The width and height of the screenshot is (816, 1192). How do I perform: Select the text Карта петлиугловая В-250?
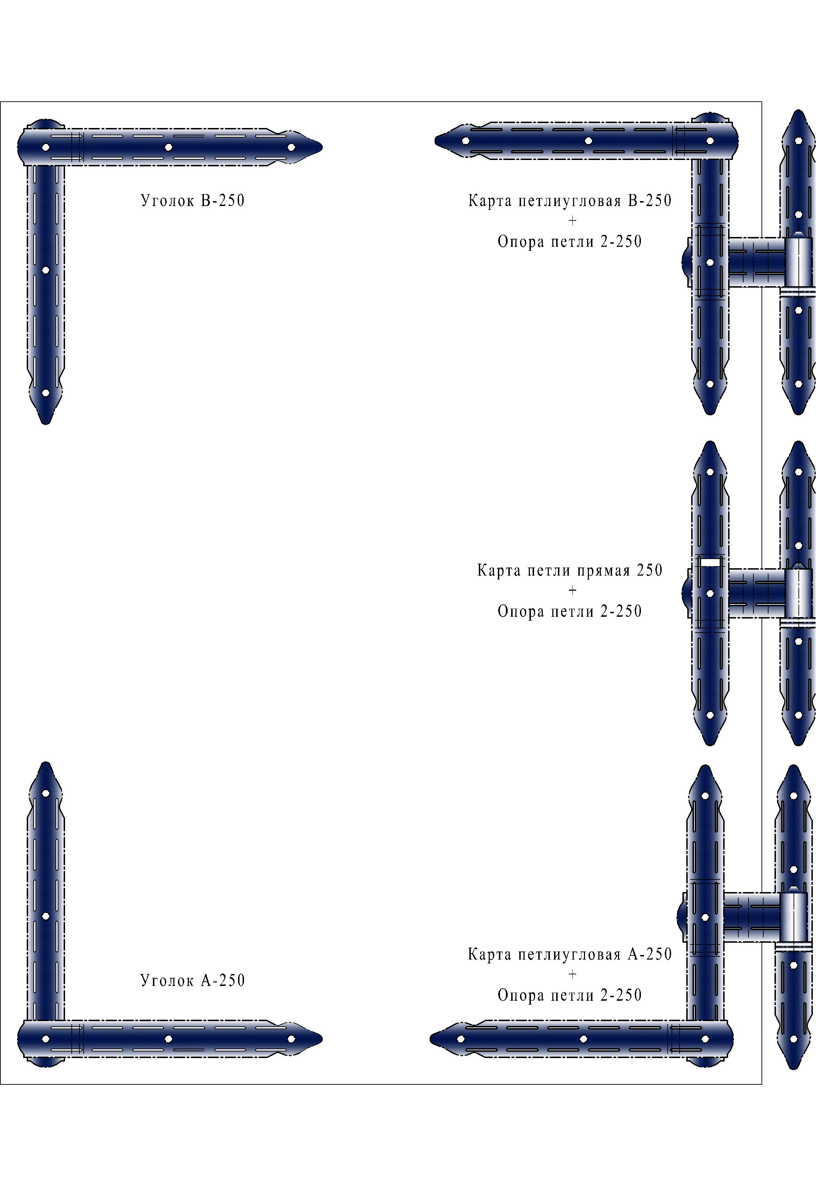pyautogui.click(x=570, y=200)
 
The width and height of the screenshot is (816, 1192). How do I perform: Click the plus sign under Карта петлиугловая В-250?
pyautogui.click(x=572, y=220)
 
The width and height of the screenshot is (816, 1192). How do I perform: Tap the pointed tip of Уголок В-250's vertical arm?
pyautogui.click(x=46, y=424)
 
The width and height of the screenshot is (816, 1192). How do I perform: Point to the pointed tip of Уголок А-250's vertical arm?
pyautogui.click(x=46, y=763)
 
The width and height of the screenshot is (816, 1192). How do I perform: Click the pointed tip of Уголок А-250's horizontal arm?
pyautogui.click(x=322, y=1039)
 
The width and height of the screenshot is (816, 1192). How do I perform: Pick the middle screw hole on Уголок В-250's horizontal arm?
pyautogui.click(x=168, y=147)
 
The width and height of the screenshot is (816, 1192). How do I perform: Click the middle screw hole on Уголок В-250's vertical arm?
pyautogui.click(x=46, y=270)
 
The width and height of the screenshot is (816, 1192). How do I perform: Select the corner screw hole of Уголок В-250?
pyautogui.click(x=46, y=147)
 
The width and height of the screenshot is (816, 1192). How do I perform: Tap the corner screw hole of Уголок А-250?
pyautogui.click(x=46, y=1039)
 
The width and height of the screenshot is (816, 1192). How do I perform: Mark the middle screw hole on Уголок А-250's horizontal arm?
pyautogui.click(x=168, y=1039)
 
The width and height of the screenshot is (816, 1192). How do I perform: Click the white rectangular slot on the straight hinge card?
pyautogui.click(x=710, y=562)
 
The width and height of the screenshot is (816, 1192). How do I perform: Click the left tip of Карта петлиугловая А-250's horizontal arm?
pyautogui.click(x=431, y=1039)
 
